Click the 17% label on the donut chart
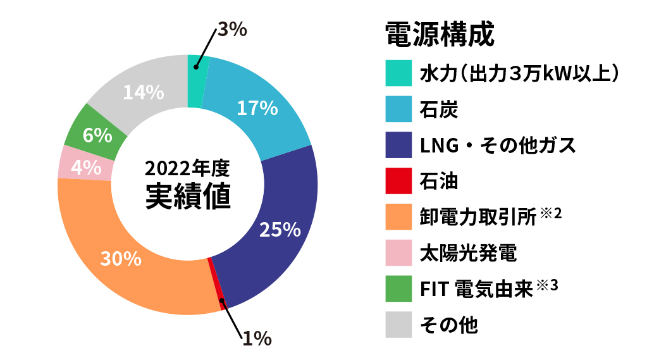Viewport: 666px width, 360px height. coord(257,108)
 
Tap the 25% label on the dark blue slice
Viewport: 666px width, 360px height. coord(280,230)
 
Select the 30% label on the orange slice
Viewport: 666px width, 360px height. coord(121,258)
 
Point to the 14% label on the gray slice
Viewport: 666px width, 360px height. coord(144,92)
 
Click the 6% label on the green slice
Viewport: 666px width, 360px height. coord(97,135)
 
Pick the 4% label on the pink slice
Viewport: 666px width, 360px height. coord(86,168)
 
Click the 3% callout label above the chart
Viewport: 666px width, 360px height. coord(232,29)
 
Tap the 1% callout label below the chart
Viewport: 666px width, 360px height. coord(257,338)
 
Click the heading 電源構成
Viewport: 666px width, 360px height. coord(440,34)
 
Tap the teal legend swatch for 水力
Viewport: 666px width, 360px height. coord(398,73)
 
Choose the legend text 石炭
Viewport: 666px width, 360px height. coord(439,109)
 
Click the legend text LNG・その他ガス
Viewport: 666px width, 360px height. coord(498,146)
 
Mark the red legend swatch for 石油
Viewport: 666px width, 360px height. coord(398,181)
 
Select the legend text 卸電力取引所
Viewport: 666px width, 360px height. coord(478,217)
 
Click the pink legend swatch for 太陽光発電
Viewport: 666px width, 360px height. coord(398,252)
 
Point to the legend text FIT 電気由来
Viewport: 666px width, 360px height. coord(476,289)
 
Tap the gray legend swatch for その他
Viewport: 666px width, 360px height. coord(398,325)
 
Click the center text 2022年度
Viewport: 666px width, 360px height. coord(187,168)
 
